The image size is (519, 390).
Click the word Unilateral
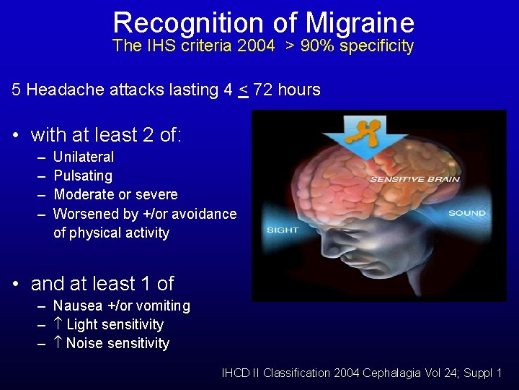84,157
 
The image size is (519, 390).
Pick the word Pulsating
83,175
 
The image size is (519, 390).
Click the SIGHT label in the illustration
283,230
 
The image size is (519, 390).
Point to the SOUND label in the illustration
467,213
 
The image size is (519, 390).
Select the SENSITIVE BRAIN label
406,179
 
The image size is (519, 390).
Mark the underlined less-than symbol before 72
243,90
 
